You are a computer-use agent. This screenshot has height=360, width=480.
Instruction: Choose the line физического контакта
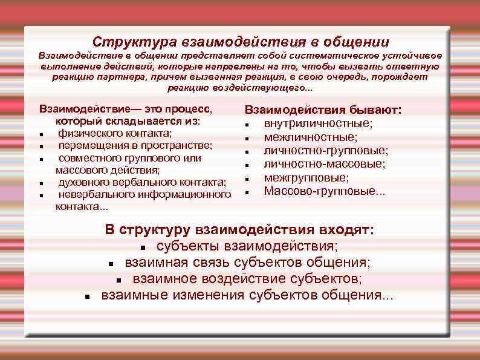pos(115,133)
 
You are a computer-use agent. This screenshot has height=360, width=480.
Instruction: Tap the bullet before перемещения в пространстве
pos(40,146)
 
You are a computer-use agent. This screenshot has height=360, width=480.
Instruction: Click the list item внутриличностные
pos(318,123)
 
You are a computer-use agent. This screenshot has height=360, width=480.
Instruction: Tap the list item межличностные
pos(310,137)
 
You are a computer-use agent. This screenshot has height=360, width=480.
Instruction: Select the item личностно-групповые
pos(326,151)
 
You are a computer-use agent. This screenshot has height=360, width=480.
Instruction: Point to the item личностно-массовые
pos(325,164)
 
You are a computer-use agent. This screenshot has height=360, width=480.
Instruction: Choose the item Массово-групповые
pos(324,191)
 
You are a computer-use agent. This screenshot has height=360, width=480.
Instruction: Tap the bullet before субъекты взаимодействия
pos(143,248)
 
